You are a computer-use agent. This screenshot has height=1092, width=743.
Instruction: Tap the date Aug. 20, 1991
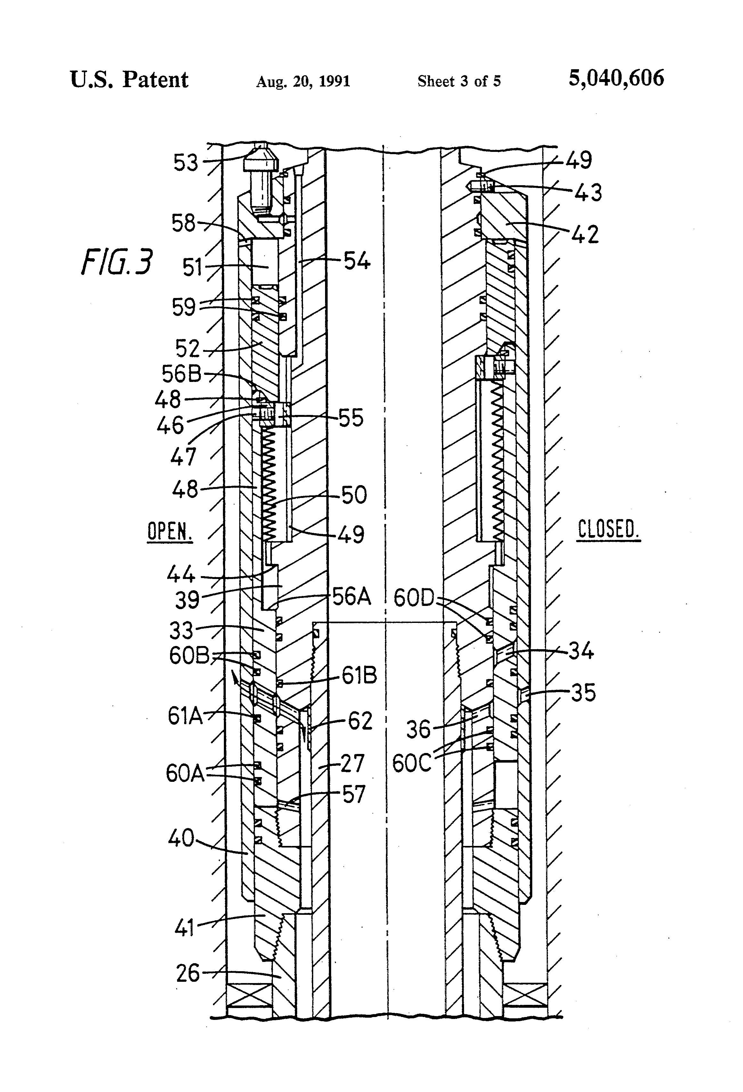303,82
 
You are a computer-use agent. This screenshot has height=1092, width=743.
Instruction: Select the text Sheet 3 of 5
459,81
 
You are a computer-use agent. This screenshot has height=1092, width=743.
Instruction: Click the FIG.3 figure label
117,262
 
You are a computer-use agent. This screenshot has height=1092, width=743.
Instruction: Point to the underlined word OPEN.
169,532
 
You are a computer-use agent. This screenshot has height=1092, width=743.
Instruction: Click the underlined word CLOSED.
608,530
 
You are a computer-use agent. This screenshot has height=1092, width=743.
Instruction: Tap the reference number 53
186,163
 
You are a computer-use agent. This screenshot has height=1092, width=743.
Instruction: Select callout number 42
585,235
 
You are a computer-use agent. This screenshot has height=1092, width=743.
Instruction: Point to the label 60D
414,598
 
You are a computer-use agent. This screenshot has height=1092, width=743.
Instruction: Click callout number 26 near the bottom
188,973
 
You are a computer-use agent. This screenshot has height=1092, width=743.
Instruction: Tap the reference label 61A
185,716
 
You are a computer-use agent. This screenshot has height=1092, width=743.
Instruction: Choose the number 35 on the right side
583,693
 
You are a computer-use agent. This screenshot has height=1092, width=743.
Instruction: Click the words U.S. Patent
129,80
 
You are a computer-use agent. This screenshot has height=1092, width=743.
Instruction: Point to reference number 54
357,261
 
